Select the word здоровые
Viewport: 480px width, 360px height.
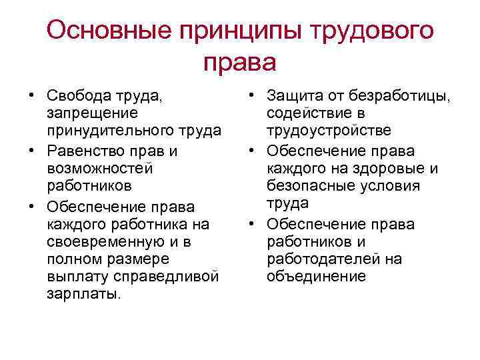[x=389, y=168]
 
